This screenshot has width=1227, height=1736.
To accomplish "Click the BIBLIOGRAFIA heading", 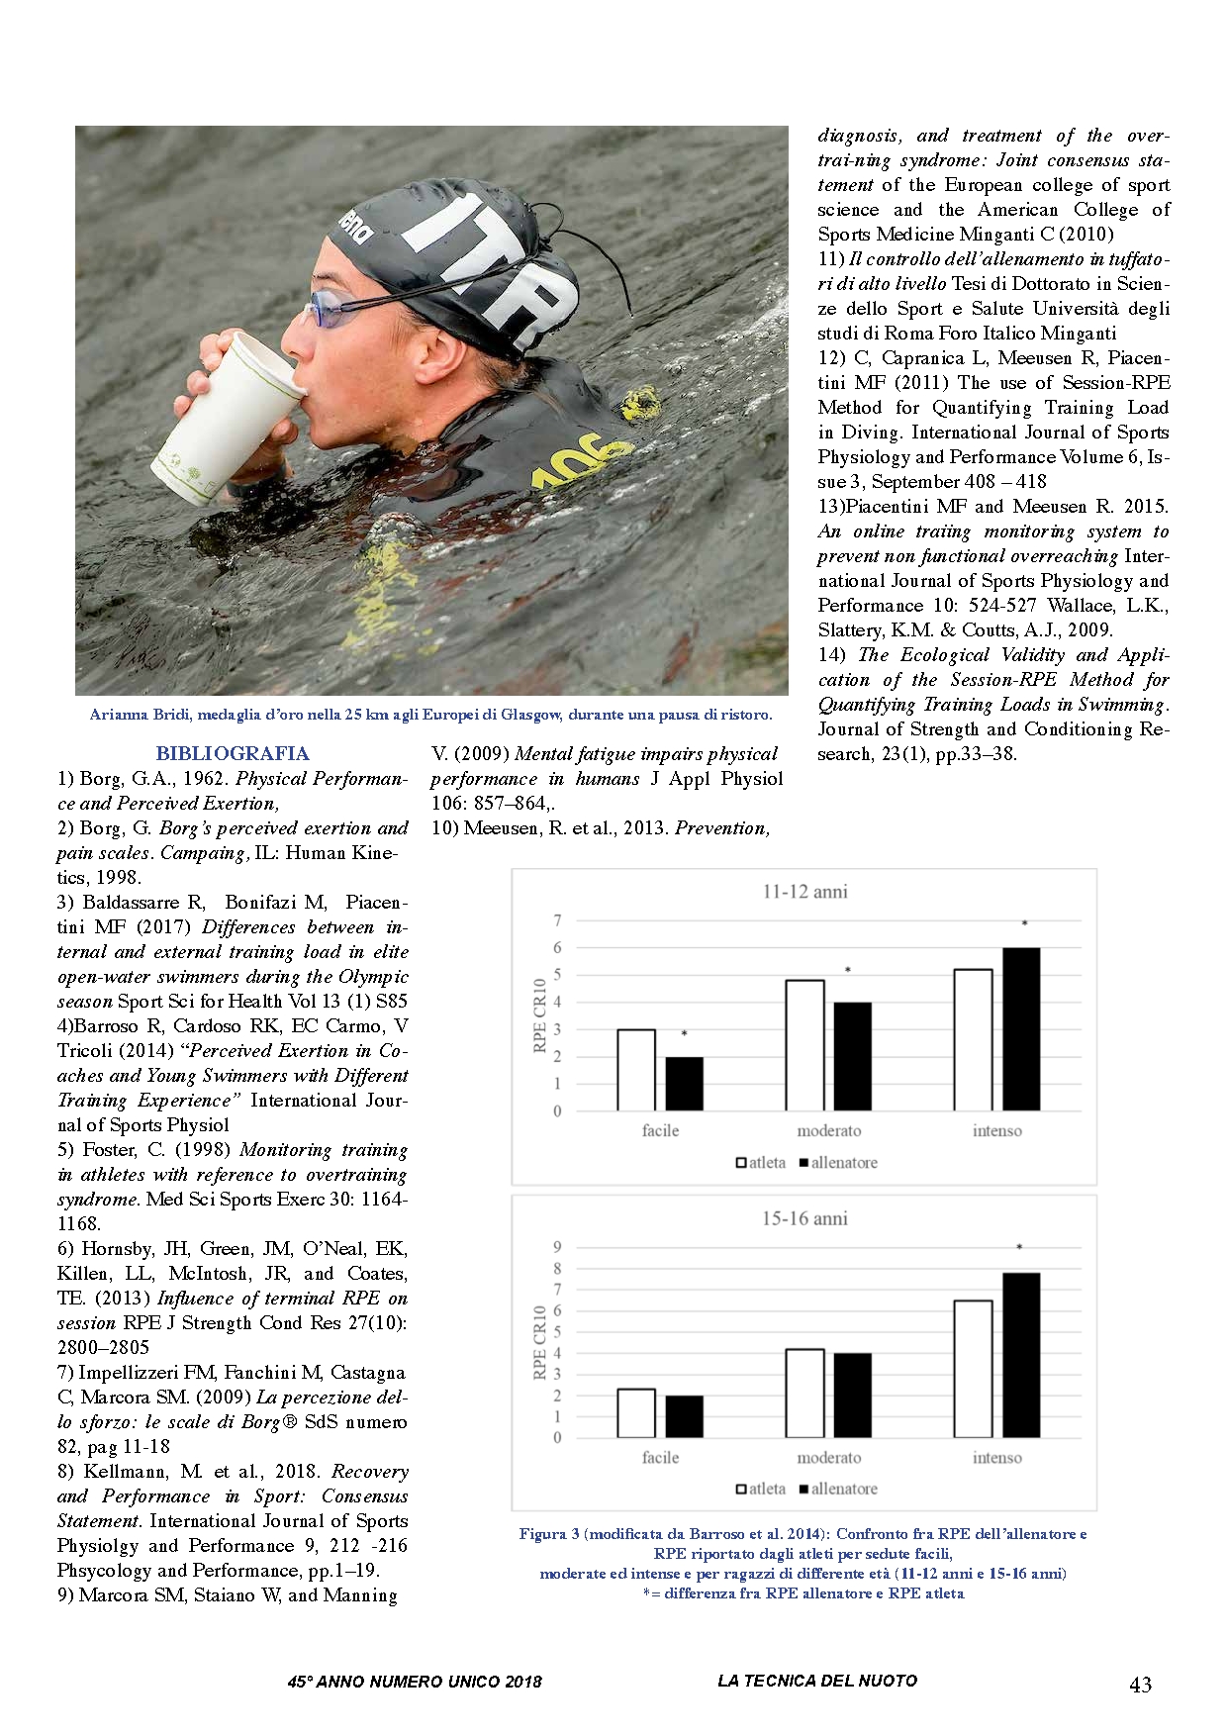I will click(x=233, y=753).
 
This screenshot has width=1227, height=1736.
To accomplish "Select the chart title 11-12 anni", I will click(x=804, y=892).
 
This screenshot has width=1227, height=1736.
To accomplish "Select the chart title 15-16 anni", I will click(x=804, y=1218).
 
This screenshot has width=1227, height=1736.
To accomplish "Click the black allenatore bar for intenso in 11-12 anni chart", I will click(x=1021, y=1029).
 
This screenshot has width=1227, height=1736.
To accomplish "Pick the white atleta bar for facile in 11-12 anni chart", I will click(x=636, y=1070).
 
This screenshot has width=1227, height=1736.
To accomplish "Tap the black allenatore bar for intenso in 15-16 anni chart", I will click(x=1021, y=1355).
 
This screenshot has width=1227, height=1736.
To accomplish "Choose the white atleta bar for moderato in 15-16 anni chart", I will click(x=804, y=1394).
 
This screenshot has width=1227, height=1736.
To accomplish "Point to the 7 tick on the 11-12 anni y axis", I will click(x=557, y=921).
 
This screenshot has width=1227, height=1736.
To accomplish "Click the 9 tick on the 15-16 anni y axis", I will click(x=557, y=1248).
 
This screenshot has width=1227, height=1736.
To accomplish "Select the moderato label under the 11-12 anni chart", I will click(x=829, y=1130).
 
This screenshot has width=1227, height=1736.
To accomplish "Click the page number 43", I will click(x=1140, y=1685).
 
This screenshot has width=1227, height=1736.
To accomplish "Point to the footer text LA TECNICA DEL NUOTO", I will click(x=816, y=1681).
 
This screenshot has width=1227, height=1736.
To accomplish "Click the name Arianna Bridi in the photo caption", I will click(x=130, y=715).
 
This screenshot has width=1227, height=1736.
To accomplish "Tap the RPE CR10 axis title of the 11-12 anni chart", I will click(x=540, y=1015).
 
